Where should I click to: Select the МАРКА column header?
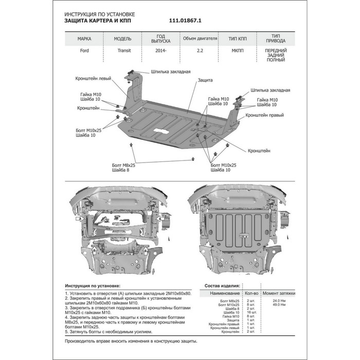(84, 39)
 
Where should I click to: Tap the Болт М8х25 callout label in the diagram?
(123, 166)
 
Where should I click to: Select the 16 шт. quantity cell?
(250, 312)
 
